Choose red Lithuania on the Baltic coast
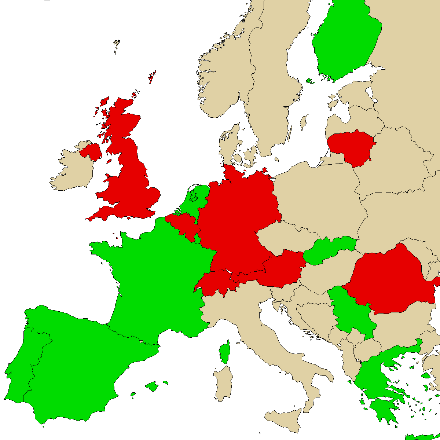point(350,147)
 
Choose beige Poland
point(319,198)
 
